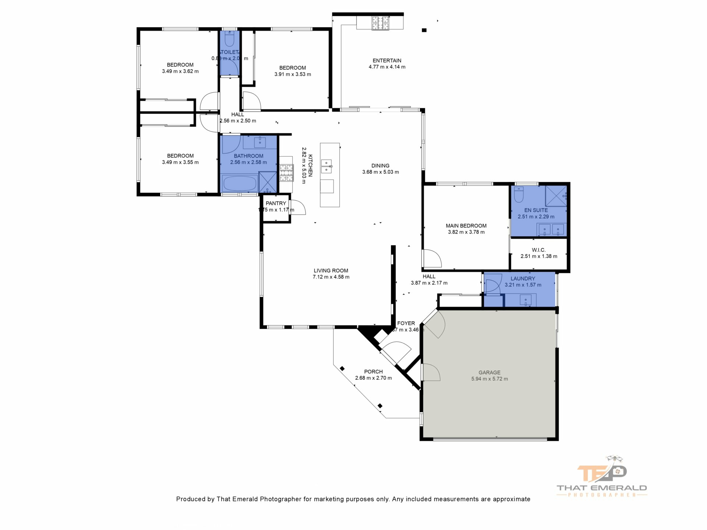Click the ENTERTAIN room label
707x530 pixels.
point(387,61)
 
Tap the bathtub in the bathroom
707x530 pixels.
point(240,183)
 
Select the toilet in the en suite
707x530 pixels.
point(518,195)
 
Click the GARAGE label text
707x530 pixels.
point(489,372)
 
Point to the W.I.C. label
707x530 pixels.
point(538,250)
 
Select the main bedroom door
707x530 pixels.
point(432,259)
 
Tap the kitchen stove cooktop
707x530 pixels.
point(286,173)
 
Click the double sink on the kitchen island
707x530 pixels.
point(326,166)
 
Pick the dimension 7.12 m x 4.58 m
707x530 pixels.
point(331,277)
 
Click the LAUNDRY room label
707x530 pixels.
point(523,279)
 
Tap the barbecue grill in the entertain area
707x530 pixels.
point(380,23)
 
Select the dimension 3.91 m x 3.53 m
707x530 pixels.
point(292,74)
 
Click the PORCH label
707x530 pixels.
point(373,372)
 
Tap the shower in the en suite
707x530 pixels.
point(556,195)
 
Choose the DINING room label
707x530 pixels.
point(380,166)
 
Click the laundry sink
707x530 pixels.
point(525,300)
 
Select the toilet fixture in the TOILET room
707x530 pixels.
point(229,38)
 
